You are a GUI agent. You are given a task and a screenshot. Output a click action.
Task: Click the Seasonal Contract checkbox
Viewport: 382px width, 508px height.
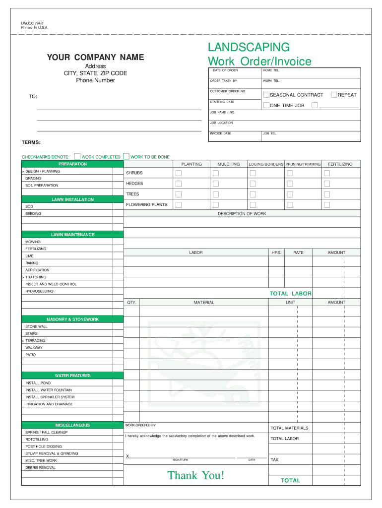(x=266, y=95)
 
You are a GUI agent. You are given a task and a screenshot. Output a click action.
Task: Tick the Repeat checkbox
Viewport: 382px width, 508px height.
(x=334, y=95)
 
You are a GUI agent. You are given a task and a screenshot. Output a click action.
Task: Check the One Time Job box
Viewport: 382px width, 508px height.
(x=266, y=105)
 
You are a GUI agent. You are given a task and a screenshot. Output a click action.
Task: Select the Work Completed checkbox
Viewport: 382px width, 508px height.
(x=77, y=156)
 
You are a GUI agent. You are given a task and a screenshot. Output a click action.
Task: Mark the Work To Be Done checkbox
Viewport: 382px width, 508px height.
(x=126, y=156)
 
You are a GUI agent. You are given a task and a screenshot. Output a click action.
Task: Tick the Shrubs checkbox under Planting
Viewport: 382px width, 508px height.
(x=179, y=173)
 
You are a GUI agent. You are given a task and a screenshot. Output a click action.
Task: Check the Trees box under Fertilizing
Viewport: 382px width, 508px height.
(x=327, y=194)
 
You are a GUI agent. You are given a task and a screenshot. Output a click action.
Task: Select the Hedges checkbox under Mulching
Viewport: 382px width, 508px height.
(x=216, y=184)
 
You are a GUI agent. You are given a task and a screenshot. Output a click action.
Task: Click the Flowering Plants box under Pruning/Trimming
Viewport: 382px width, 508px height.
(x=290, y=205)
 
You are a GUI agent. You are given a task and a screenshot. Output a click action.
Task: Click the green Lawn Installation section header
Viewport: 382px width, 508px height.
(x=72, y=199)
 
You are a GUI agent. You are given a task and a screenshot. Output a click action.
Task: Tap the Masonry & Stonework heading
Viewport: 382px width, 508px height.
(x=72, y=319)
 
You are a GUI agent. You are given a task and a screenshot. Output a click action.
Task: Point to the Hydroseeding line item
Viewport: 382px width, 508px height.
(x=40, y=291)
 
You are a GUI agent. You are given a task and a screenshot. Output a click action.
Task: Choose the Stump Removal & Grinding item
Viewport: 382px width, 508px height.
(x=52, y=453)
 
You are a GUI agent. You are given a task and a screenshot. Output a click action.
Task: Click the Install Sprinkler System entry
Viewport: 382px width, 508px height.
(x=50, y=397)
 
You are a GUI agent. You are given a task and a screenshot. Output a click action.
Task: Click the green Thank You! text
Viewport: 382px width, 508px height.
(x=196, y=475)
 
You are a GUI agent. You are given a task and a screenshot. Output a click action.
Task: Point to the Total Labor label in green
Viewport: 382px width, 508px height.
(x=290, y=294)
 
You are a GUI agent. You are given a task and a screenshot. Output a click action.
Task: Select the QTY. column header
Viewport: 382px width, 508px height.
(x=131, y=302)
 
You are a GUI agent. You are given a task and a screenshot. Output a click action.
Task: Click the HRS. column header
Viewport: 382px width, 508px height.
(x=276, y=253)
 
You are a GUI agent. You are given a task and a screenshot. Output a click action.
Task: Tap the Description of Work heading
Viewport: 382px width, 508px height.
(x=242, y=214)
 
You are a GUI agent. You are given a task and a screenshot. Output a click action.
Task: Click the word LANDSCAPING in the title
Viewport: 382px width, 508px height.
(x=249, y=47)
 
